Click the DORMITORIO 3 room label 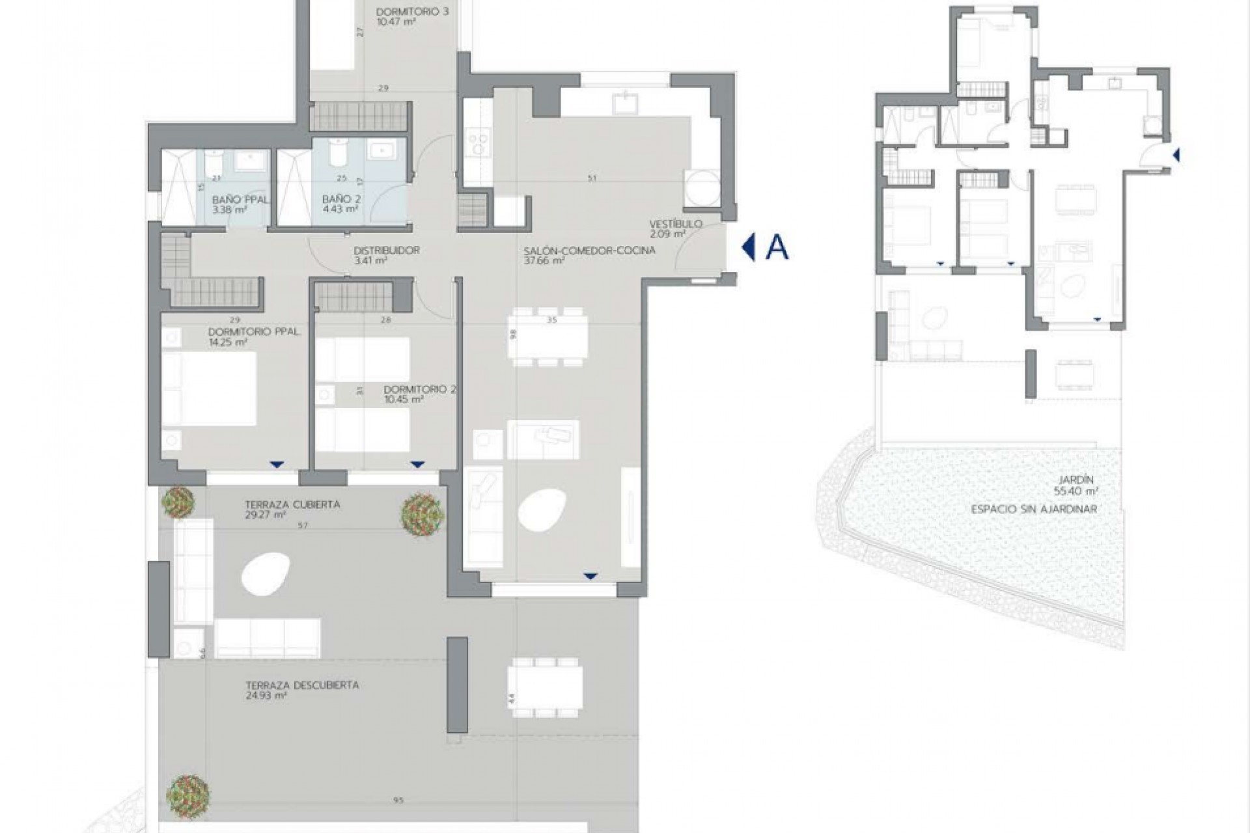[412, 11]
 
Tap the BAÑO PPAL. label [240, 200]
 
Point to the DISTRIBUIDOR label [386, 250]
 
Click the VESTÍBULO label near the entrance [675, 224]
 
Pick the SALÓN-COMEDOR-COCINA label [589, 250]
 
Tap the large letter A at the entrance [777, 247]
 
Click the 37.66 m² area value [544, 260]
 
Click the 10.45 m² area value [404, 399]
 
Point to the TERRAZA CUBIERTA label [292, 504]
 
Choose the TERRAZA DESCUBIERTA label [302, 685]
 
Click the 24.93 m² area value [267, 696]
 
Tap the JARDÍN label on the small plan [1077, 481]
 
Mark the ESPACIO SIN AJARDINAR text [1034, 509]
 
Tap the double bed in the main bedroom [208, 389]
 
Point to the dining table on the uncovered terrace [546, 687]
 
